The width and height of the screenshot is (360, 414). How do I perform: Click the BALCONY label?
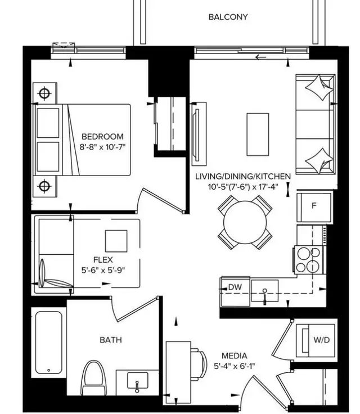coord(228,17)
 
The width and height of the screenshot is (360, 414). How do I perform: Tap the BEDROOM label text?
coord(102,137)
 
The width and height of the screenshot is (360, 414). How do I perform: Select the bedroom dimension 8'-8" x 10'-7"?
coord(102,148)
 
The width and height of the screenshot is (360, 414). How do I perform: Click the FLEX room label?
coord(103,260)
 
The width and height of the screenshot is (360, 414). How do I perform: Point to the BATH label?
coord(110,340)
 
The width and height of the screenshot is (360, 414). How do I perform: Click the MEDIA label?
coord(234,355)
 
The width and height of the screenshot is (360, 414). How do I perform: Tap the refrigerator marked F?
coord(314,206)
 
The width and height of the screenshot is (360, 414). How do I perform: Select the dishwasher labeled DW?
coord(235,287)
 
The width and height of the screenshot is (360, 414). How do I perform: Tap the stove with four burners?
coord(307,260)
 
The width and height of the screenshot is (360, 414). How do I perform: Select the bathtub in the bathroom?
coord(48,344)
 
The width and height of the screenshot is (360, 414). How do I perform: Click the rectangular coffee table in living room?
coord(258,135)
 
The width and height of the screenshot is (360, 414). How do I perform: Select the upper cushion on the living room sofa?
coord(318,87)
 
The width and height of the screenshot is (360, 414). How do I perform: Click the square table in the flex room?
coord(116,241)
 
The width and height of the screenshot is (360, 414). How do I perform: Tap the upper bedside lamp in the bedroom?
coord(44,92)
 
